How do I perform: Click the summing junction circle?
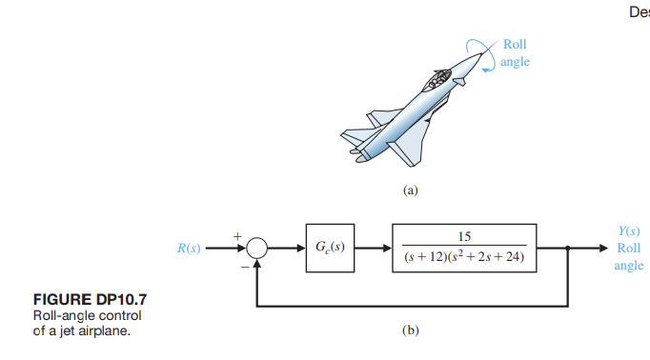[256, 249]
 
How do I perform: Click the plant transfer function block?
[463, 249]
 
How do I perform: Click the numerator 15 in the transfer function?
[463, 236]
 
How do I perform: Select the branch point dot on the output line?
[570, 249]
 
